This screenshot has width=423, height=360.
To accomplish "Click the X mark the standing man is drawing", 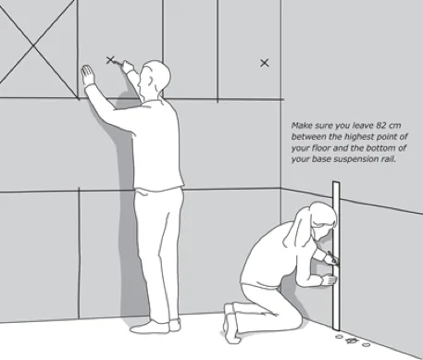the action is (x=110, y=60).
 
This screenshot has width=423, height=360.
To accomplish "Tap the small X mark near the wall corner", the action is (x=265, y=63).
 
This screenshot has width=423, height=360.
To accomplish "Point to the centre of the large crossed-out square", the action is (x=33, y=46).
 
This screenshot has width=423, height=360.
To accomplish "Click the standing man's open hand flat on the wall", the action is (x=88, y=75).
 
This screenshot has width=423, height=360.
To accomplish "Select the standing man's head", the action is (x=155, y=79).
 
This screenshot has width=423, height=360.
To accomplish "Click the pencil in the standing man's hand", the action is (x=118, y=63).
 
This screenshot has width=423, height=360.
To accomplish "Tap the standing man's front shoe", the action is (x=150, y=327).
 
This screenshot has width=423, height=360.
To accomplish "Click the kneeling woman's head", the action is (x=322, y=219).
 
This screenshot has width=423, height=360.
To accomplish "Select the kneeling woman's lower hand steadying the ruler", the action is (x=330, y=280).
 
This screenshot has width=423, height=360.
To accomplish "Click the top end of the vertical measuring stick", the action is (x=336, y=183).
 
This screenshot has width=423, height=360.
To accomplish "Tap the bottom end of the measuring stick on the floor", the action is (x=336, y=329).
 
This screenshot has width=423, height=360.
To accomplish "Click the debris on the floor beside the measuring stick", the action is (x=353, y=341).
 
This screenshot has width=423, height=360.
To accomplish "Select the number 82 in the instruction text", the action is (x=380, y=126).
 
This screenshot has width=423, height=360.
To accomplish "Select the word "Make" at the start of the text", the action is (x=299, y=126).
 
